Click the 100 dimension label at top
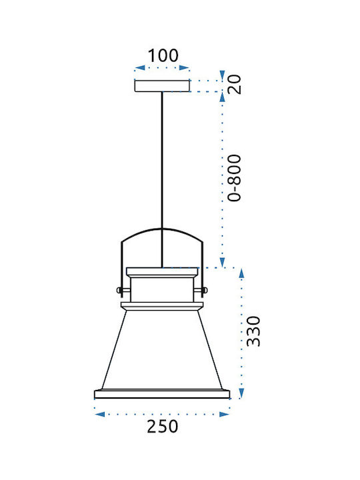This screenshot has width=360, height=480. tap(163, 55)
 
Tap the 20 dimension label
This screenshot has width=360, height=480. tap(235, 84)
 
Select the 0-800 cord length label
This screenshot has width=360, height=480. tap(235, 178)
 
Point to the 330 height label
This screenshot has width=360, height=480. tap(253, 331)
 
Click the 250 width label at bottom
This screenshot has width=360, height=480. tap(162, 427)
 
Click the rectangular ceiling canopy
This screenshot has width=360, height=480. tap(162, 86)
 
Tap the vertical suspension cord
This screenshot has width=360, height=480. tap(162, 180)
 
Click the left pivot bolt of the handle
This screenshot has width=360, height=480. tap(119, 290)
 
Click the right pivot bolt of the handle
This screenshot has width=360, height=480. tap(205, 290)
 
